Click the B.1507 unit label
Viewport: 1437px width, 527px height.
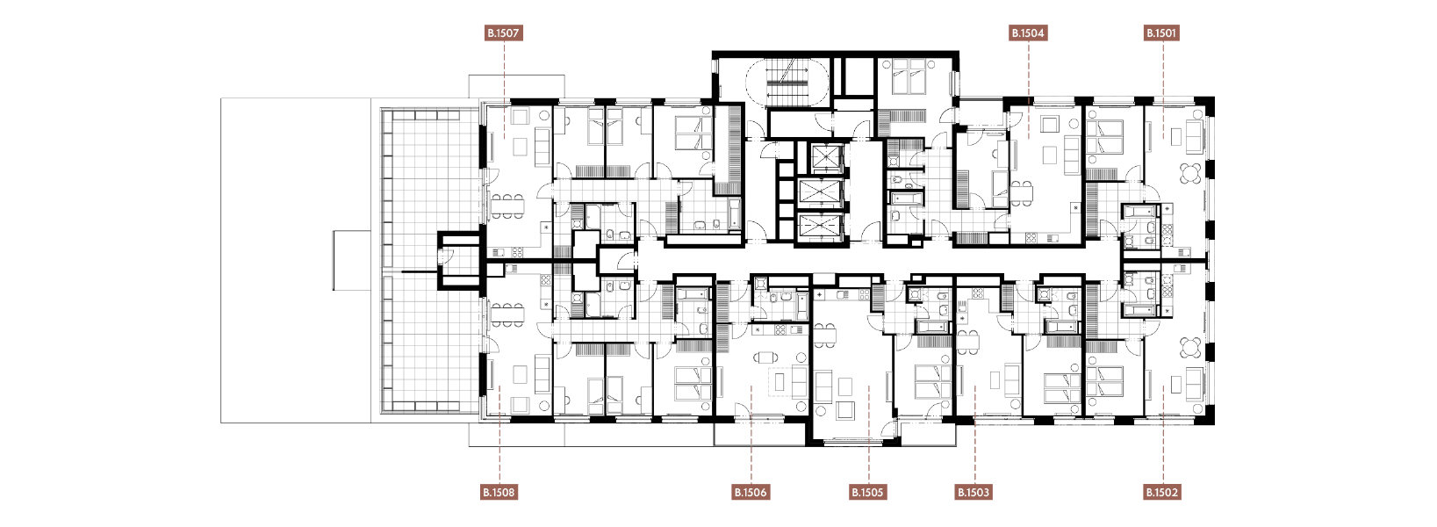pos(504,32)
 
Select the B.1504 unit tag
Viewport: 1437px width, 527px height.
pos(1028,32)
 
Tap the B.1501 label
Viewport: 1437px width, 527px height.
pos(1161,32)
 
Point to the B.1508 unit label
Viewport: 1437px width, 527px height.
pos(499,493)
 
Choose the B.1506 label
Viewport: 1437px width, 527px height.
pos(751,493)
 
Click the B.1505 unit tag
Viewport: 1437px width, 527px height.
pos(868,493)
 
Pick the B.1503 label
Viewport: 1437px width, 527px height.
pos(974,493)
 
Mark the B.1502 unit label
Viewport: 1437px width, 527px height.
pos(1162,493)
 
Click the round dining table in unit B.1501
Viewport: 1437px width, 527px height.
pos(1191,173)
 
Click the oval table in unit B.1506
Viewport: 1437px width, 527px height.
pos(765,357)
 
